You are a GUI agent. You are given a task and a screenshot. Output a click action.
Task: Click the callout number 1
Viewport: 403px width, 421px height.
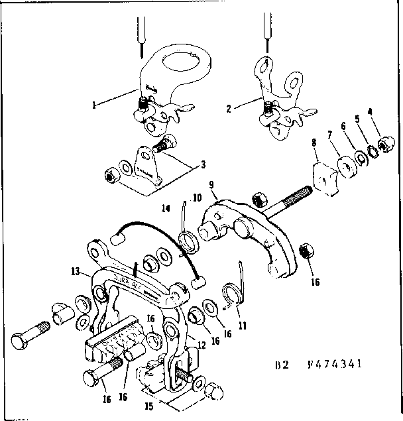[x=95, y=104]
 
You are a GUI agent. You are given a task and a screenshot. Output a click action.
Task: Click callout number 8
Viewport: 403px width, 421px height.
[x=313, y=142]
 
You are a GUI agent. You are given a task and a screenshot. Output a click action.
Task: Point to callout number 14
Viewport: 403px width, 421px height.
[x=166, y=208]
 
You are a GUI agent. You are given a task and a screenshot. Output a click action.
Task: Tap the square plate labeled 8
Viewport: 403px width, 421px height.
[x=324, y=175]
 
